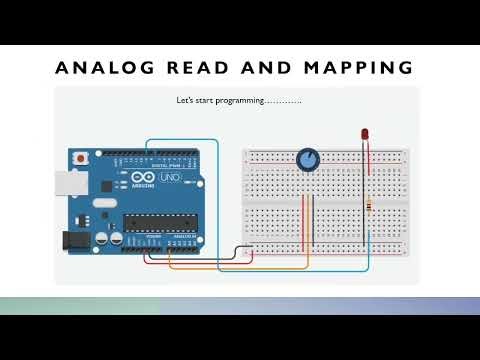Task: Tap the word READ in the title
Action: [204, 68]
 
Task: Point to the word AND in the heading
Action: [272, 68]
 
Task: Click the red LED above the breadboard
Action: [365, 133]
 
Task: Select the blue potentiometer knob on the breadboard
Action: [309, 158]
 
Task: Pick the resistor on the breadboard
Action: [372, 205]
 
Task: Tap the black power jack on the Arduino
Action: [72, 241]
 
